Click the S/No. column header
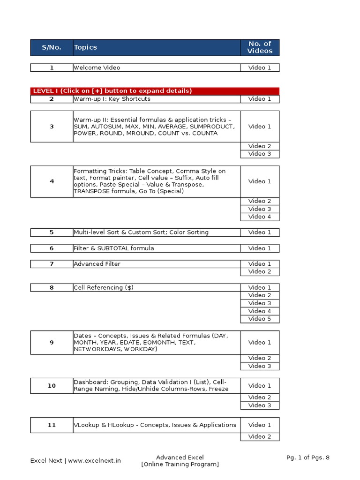pyautogui.click(x=52, y=47)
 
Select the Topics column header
pyautogui.click(x=85, y=47)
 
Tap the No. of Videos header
pyautogui.click(x=260, y=47)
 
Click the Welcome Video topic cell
pyautogui.click(x=97, y=67)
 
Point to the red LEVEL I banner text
pyautogui.click(x=112, y=91)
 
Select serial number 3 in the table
pyautogui.click(x=52, y=127)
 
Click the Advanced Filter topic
pyautogui.click(x=97, y=264)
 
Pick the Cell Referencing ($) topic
pyautogui.click(x=104, y=287)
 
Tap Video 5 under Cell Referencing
pyautogui.click(x=260, y=319)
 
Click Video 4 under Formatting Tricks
pyautogui.click(x=260, y=217)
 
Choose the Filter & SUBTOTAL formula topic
pyautogui.click(x=114, y=248)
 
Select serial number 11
pyautogui.click(x=52, y=425)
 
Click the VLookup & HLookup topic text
pyautogui.click(x=155, y=425)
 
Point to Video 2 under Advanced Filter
pyautogui.click(x=260, y=271)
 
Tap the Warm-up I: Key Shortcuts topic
pyautogui.click(x=112, y=99)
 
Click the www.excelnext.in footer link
pyautogui.click(x=95, y=460)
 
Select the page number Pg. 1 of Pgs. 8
pyautogui.click(x=308, y=457)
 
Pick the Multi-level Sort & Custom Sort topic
pyautogui.click(x=141, y=232)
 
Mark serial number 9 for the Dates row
pyautogui.click(x=52, y=343)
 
